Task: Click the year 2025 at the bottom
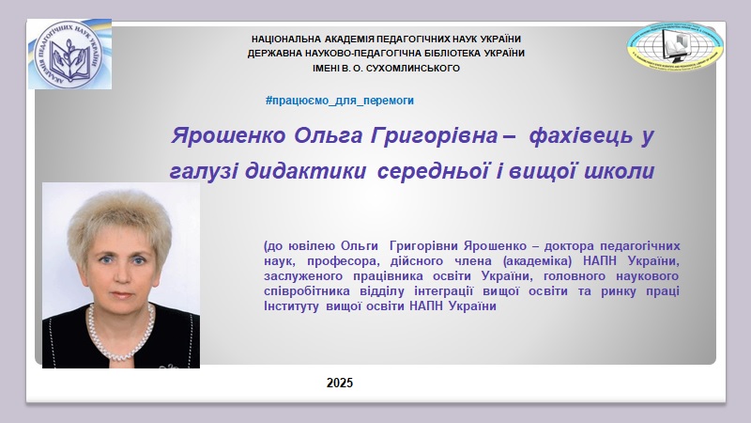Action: pos(340,383)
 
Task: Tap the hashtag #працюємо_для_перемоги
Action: pos(340,101)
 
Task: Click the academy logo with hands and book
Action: pos(69,55)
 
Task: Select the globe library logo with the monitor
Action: pos(675,45)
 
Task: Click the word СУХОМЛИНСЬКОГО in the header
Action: pos(412,69)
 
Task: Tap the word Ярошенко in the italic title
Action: pos(228,135)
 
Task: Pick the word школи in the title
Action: pos(620,171)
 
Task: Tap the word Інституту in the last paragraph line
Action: pos(291,306)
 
